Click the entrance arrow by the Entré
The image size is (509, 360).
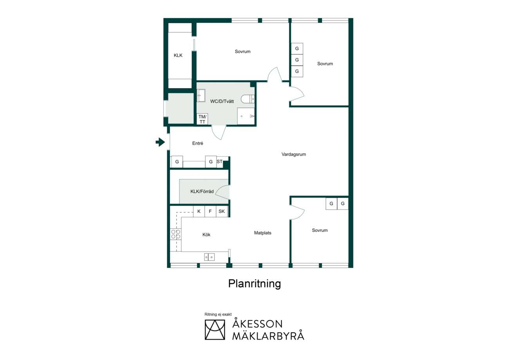161,142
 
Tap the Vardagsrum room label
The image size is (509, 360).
294,154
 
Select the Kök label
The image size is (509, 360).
206,235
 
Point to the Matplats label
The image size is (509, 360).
263,233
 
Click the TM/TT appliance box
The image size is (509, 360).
202,119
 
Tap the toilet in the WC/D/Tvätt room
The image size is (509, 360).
248,99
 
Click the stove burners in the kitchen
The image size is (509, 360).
176,234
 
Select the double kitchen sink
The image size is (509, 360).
209,257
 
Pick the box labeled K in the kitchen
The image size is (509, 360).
199,212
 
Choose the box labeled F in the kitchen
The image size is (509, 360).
210,212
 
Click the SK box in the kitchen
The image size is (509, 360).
222,212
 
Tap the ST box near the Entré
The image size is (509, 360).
220,162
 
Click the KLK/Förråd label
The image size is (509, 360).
202,192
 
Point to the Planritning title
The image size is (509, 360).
254,284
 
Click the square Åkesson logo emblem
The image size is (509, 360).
215,330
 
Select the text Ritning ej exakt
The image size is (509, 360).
218,314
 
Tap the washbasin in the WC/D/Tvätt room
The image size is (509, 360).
201,96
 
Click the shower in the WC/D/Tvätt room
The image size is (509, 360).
246,116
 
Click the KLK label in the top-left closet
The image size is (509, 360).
178,55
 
